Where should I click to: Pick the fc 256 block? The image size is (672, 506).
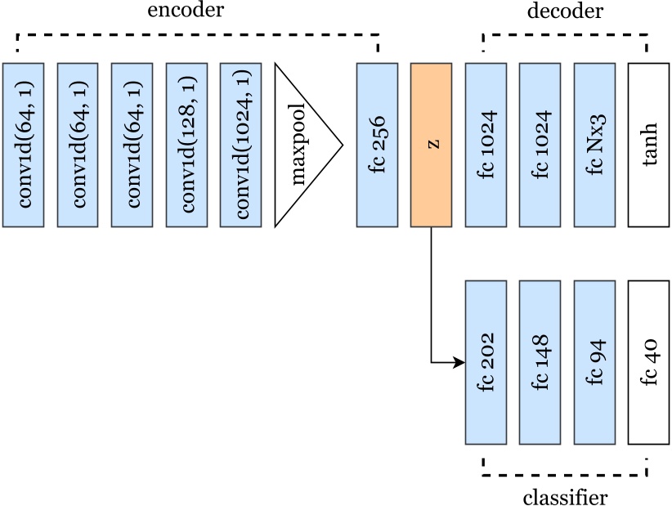click(x=376, y=144)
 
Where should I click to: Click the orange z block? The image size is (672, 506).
click(x=431, y=144)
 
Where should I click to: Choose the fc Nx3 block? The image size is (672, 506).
click(x=594, y=144)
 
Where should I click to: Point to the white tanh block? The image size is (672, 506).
click(x=648, y=144)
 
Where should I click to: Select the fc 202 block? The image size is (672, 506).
click(x=486, y=362)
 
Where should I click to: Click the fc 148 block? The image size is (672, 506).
click(x=540, y=362)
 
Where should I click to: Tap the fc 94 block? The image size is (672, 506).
click(x=594, y=362)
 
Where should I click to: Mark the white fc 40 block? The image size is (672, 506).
click(x=648, y=362)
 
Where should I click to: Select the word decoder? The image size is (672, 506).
click(x=565, y=11)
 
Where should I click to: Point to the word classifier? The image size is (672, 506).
click(x=565, y=496)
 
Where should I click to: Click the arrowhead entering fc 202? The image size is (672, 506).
click(x=459, y=362)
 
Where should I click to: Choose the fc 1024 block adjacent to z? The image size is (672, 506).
click(x=486, y=144)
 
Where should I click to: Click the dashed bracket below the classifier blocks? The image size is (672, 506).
click(x=565, y=473)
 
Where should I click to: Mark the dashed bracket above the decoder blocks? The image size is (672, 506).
click(x=565, y=35)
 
